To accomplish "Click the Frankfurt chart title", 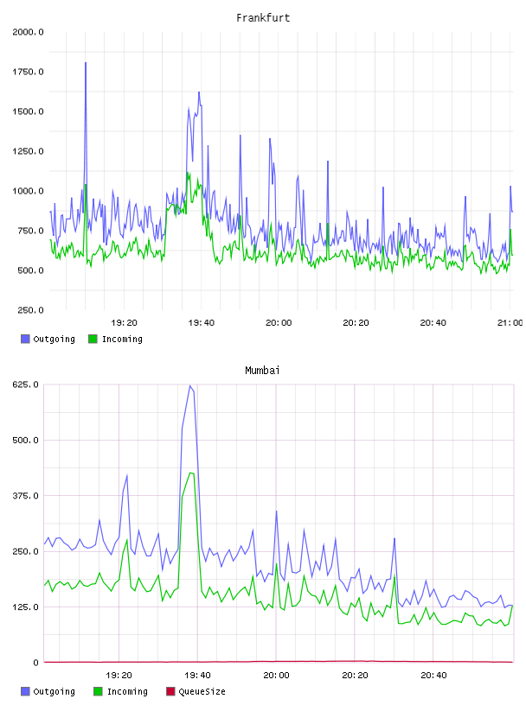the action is click(x=263, y=18).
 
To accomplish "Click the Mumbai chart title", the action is click(x=262, y=371).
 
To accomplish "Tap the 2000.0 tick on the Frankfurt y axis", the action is click(x=28, y=32).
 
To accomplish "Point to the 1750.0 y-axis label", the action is click(x=28, y=72).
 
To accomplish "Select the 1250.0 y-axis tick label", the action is click(x=28, y=151).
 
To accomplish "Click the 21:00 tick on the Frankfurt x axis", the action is click(x=510, y=322).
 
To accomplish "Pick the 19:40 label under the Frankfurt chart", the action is click(x=202, y=322).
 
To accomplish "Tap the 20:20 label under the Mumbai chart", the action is click(x=355, y=675).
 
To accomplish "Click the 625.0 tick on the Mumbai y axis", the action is click(x=26, y=384).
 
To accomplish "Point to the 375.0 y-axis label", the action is click(x=26, y=495).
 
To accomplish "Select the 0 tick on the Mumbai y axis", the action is click(x=36, y=663).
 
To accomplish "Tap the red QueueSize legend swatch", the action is click(x=170, y=691).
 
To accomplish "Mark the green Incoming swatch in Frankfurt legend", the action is click(x=93, y=339).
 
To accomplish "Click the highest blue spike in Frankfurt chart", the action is click(x=86, y=63).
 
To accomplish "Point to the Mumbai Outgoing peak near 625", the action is click(x=190, y=386).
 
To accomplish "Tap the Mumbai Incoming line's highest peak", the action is click(x=191, y=473).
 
